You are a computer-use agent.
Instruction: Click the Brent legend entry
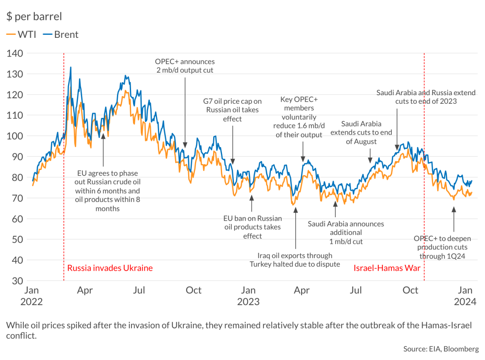click(61, 34)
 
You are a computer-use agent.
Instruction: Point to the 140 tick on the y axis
click(15, 54)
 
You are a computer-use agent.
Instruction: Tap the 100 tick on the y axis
click(15, 136)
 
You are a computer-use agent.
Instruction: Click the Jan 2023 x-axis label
click(248, 296)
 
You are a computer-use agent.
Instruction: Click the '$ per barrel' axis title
click(34, 17)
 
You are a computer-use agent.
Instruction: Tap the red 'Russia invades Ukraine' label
click(110, 268)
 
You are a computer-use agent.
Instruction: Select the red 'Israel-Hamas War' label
click(387, 268)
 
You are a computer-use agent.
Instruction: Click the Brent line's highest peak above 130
click(70, 67)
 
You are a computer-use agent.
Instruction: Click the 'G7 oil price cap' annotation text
click(232, 110)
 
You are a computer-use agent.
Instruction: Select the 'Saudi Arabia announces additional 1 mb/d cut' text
click(345, 232)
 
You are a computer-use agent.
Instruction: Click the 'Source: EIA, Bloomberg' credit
click(441, 349)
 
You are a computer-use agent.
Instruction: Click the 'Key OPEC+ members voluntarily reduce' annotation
click(299, 117)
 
